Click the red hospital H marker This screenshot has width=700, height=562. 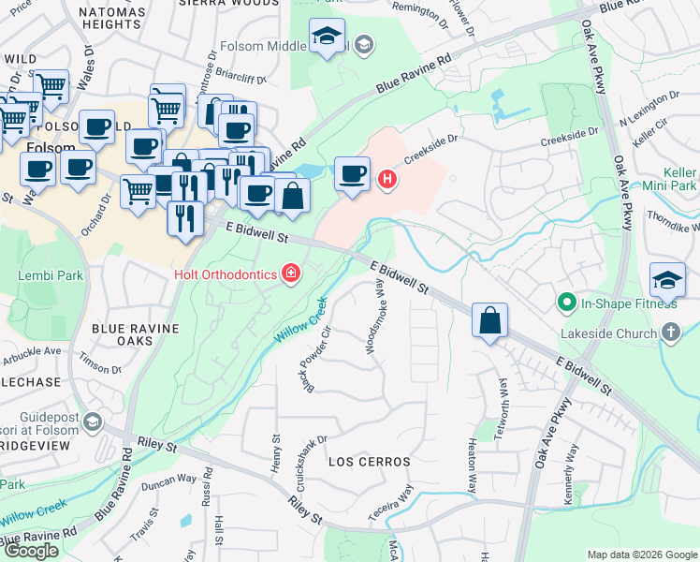tap(386, 177)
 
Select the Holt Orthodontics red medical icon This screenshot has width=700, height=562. tap(291, 274)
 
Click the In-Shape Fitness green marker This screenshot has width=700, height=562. tap(566, 303)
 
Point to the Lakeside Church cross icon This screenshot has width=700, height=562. tap(670, 333)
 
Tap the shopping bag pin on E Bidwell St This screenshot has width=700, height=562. tap(489, 321)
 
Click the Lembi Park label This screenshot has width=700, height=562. tap(43, 276)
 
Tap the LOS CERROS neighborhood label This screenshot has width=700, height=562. tap(369, 463)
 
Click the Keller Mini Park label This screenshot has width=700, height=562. tap(668, 179)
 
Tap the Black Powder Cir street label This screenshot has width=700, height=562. tap(319, 359)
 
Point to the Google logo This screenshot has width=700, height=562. tap(31, 552)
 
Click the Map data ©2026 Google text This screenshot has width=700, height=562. tap(641, 555)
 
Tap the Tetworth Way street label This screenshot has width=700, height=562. tap(503, 400)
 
